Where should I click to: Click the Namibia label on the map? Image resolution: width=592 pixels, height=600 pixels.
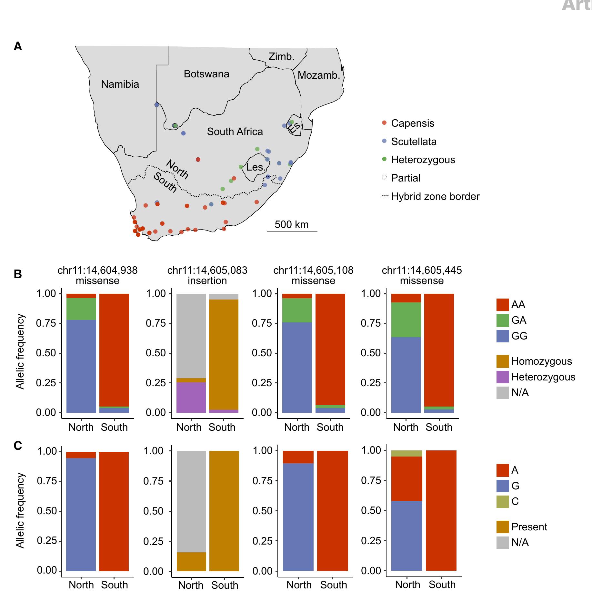coord(120,84)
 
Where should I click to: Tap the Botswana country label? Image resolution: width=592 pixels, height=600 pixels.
coord(206,74)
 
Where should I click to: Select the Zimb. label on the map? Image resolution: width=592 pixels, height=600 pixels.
coord(281,57)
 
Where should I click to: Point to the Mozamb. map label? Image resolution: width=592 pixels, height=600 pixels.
coord(319,75)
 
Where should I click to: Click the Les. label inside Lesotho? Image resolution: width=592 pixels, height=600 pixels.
coord(256,167)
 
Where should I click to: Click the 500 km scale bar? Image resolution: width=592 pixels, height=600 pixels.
coord(292,231)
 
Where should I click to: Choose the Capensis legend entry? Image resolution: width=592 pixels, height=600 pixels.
coord(412,123)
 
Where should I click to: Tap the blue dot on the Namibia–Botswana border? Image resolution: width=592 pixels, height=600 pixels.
coord(157,105)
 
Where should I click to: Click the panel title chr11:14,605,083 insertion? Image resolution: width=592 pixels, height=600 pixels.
coord(207,275)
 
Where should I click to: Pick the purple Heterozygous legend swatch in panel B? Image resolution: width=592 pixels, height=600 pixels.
coord(503,377)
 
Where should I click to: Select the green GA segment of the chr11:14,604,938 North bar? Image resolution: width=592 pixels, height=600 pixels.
coord(81,309)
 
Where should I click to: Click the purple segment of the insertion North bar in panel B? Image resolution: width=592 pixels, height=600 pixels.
coord(191,397)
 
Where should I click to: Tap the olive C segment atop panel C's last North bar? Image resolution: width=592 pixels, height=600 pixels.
coord(406,453)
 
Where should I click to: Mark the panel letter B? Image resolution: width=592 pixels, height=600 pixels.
coord(18,274)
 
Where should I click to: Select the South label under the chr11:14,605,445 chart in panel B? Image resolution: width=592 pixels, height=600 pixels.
coord(439,427)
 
